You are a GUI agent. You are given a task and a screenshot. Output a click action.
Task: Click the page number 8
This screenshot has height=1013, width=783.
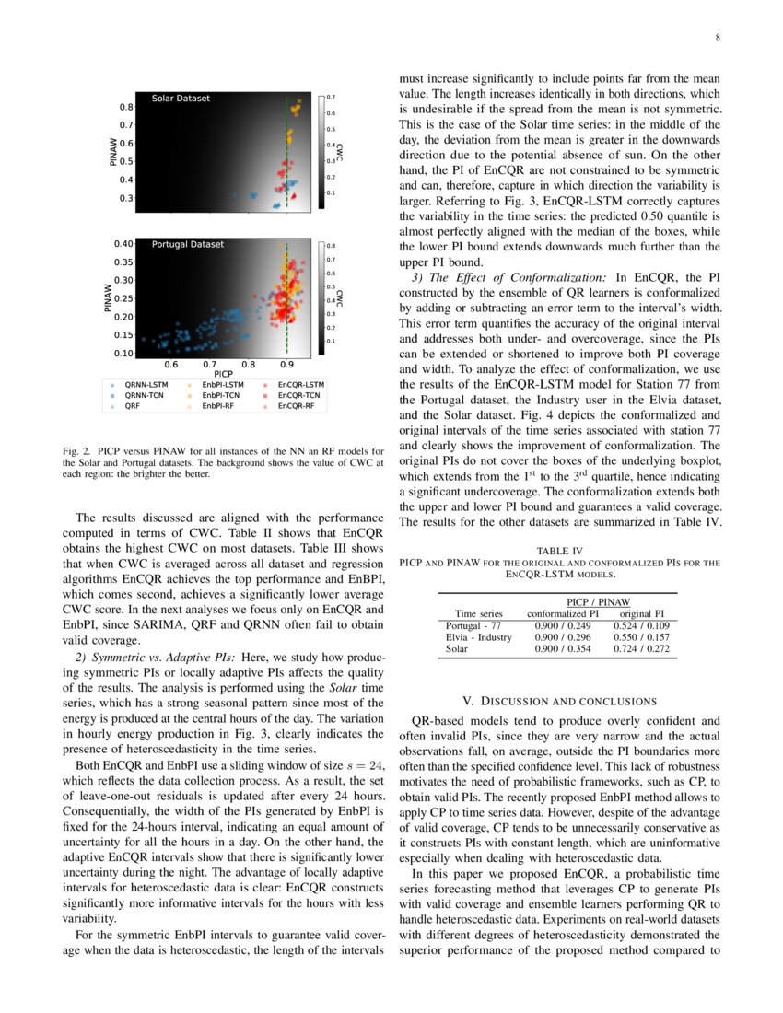[717, 38]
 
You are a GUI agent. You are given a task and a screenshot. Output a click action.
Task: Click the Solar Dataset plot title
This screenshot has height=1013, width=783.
[181, 98]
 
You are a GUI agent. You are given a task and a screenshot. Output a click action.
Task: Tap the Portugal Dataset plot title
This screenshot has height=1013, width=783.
[188, 245]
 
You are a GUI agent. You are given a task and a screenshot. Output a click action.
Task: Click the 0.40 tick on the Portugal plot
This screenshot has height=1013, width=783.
[123, 244]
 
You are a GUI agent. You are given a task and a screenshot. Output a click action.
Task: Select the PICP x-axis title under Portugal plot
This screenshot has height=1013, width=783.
[222, 374]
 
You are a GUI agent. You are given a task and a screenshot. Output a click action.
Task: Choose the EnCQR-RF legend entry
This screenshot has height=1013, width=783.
[298, 405]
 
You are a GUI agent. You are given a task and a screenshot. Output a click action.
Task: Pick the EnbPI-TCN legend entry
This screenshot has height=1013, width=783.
[221, 395]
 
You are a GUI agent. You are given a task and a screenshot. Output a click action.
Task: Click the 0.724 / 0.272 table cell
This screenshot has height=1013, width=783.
[642, 649]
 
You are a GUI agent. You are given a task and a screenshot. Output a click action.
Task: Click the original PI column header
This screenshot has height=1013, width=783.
[642, 612]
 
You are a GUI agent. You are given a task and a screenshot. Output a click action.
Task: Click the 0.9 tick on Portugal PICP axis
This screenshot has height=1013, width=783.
[287, 365]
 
